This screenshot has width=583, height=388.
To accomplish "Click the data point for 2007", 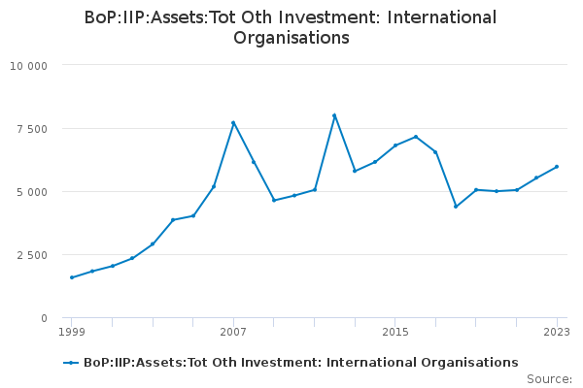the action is pyautogui.click(x=233, y=123).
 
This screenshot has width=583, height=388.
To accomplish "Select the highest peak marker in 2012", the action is pyautogui.click(x=334, y=115).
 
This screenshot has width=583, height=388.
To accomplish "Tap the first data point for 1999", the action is pyautogui.click(x=72, y=277).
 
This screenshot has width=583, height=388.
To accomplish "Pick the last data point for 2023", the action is pyautogui.click(x=557, y=167).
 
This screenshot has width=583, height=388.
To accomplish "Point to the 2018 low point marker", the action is pyautogui.click(x=456, y=207).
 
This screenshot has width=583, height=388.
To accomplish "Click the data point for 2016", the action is pyautogui.click(x=416, y=137).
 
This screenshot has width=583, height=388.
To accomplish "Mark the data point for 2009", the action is pyautogui.click(x=274, y=200).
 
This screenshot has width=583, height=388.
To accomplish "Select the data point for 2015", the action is pyautogui.click(x=395, y=145).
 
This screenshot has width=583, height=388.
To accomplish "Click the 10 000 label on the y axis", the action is pyautogui.click(x=28, y=66).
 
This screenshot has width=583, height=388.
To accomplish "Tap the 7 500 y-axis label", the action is pyautogui.click(x=32, y=129).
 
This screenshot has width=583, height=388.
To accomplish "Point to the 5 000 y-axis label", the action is pyautogui.click(x=32, y=192).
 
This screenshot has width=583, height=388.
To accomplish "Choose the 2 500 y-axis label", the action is pyautogui.click(x=32, y=255).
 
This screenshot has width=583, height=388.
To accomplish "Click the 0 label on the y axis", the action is pyautogui.click(x=45, y=318).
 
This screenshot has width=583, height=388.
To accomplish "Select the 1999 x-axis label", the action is pyautogui.click(x=72, y=332).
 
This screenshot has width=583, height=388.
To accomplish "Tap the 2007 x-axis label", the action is pyautogui.click(x=233, y=332).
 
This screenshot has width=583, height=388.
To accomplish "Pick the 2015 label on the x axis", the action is pyautogui.click(x=395, y=332).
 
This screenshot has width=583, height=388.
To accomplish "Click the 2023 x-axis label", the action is pyautogui.click(x=557, y=332).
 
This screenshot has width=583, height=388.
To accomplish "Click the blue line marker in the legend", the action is pyautogui.click(x=71, y=363).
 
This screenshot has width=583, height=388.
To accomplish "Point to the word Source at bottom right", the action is pyautogui.click(x=547, y=379).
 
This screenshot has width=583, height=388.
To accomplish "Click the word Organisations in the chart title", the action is pyautogui.click(x=291, y=38).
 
